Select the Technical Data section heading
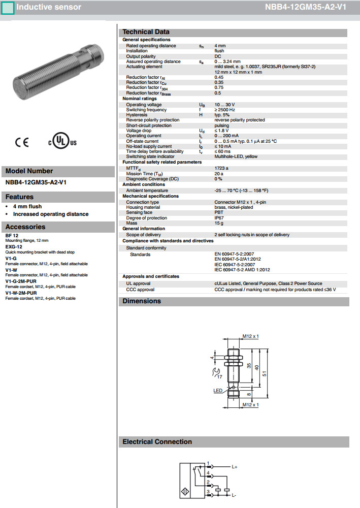(x=146, y=32)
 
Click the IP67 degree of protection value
(x=219, y=218)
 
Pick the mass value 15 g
(x=219, y=223)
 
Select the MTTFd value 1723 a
(x=221, y=168)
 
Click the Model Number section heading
(x=29, y=171)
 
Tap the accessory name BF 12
(x=12, y=236)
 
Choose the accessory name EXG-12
(x=14, y=246)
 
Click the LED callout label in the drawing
(x=218, y=391)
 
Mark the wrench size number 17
(x=219, y=376)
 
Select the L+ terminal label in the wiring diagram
(x=235, y=466)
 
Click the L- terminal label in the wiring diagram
(x=234, y=494)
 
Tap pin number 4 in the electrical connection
(x=208, y=473)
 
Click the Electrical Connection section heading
(x=157, y=442)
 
